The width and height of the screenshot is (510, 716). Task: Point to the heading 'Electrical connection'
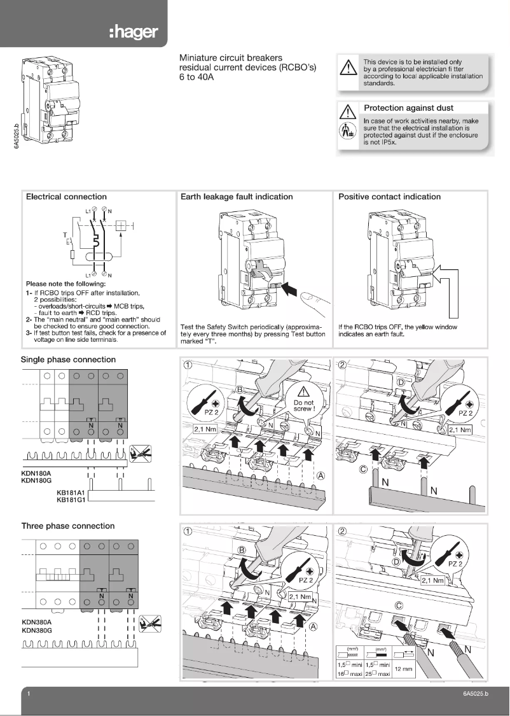(x=66, y=197)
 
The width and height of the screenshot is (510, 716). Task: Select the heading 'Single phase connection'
(x=69, y=360)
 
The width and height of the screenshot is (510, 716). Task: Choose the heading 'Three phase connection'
(x=68, y=526)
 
